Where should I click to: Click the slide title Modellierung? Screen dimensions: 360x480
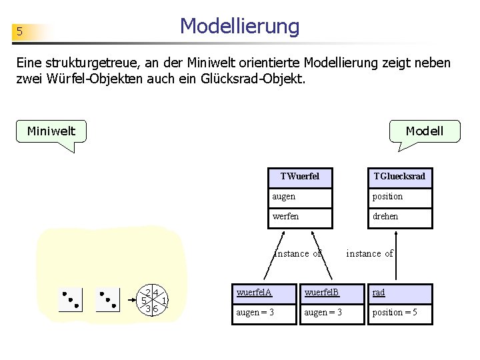240,27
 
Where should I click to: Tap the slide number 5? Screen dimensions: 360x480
20,32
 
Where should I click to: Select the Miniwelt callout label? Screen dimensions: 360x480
51,131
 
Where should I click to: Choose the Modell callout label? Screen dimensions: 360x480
424,131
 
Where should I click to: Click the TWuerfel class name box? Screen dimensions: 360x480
300,177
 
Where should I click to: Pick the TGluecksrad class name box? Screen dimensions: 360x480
399,177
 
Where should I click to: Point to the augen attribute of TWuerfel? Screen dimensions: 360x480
300,197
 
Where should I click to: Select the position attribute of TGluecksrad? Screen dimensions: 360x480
399,197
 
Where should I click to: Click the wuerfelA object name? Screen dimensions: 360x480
265,293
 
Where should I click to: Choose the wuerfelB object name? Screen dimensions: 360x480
332,293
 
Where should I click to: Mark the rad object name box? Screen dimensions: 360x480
399,293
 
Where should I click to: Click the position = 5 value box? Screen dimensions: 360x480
399,313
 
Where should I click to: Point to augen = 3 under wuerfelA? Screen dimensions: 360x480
265,313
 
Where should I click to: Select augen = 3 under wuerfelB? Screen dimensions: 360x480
332,313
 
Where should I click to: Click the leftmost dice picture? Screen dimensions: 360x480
71,300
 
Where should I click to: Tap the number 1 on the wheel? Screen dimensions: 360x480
164,301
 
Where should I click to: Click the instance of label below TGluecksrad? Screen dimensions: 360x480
369,253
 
